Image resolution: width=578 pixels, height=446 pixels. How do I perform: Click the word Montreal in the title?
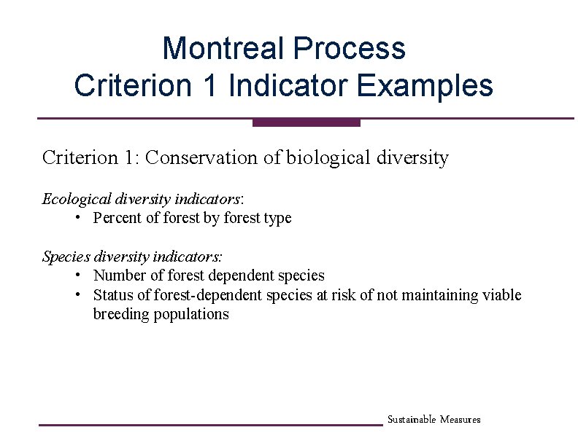223,49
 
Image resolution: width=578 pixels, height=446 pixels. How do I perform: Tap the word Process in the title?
349,49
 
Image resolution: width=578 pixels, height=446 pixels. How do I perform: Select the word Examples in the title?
425,86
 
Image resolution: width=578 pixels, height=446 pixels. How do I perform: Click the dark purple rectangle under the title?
307,122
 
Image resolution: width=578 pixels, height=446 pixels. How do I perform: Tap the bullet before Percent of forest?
77,218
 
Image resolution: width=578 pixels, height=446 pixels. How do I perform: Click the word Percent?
117,218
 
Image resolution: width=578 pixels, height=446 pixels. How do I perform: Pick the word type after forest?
277,219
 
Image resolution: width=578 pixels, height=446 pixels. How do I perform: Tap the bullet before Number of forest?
77,275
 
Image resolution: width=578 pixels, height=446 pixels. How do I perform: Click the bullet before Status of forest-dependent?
77,294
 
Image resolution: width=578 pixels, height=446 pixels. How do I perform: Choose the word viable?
503,295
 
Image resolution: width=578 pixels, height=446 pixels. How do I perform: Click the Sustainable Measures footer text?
433,420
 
